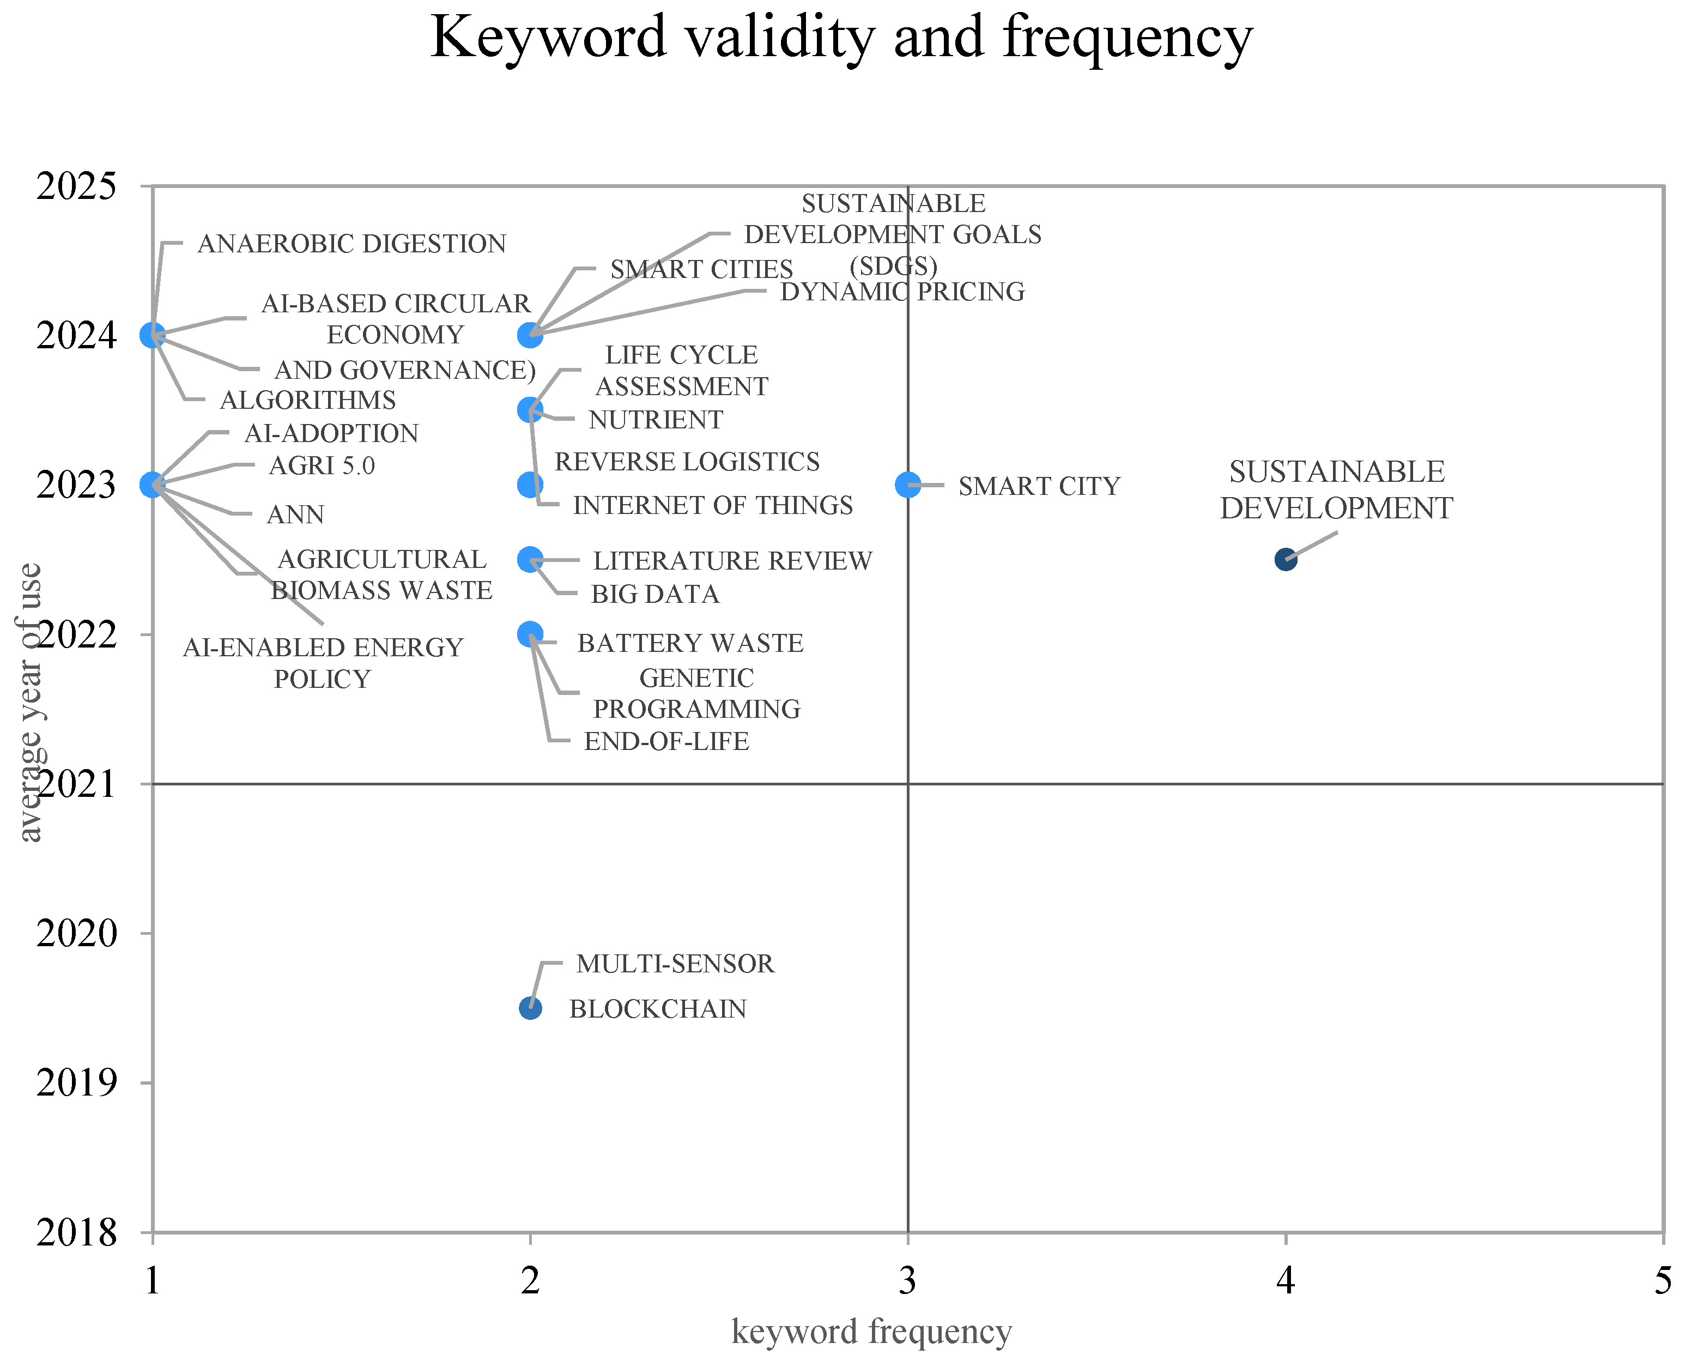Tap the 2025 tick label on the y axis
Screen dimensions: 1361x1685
pyautogui.click(x=76, y=186)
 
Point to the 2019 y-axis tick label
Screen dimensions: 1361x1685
pyautogui.click(x=76, y=1082)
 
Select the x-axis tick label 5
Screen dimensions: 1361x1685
pyautogui.click(x=1662, y=1281)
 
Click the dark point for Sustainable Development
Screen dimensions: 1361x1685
pyautogui.click(x=1286, y=559)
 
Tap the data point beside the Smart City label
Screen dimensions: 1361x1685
pyautogui.click(x=907, y=485)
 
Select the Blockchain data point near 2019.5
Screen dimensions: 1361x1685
pyautogui.click(x=531, y=1008)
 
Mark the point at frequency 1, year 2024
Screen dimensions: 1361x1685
pyautogui.click(x=153, y=336)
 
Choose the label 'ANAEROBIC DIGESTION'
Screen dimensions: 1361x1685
pyautogui.click(x=352, y=244)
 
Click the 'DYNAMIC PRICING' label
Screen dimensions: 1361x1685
pyautogui.click(x=902, y=292)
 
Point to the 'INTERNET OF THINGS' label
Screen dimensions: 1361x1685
pyautogui.click(x=712, y=506)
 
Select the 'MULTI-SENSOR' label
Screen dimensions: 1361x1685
pyautogui.click(x=675, y=964)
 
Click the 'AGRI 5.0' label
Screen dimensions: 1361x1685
pyautogui.click(x=322, y=465)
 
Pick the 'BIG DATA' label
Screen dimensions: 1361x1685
pyautogui.click(x=655, y=594)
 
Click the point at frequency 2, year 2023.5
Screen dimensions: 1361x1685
pyautogui.click(x=531, y=410)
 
